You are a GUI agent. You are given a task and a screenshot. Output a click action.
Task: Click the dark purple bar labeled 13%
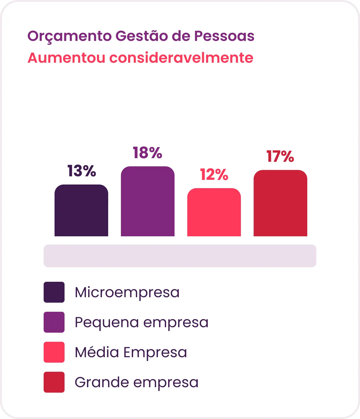[81, 210]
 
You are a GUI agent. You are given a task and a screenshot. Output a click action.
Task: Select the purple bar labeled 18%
[148, 201]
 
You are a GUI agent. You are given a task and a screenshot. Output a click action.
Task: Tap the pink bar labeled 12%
[214, 212]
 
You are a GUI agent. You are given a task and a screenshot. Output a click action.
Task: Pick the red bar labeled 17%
[280, 203]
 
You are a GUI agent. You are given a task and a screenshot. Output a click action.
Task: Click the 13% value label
[82, 171]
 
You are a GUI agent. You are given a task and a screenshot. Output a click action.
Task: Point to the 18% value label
[148, 152]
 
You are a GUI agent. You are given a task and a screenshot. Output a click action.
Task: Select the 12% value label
[214, 174]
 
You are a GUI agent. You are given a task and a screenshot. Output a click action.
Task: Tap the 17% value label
[280, 156]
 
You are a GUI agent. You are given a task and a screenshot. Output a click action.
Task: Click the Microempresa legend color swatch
[54, 292]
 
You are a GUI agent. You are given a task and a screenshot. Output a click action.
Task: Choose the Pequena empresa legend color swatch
[54, 322]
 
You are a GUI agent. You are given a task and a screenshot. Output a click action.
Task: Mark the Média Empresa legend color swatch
[54, 352]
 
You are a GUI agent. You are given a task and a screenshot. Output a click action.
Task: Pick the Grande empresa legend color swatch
[54, 382]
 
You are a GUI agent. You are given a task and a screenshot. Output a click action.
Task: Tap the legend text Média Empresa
[131, 352]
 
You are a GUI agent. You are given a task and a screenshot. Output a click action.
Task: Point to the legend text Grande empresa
[136, 383]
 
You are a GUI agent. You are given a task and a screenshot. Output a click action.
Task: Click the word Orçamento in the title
[69, 36]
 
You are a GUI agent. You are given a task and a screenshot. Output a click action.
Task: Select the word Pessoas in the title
[224, 36]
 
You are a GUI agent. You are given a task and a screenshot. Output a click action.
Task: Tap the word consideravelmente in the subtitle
[181, 58]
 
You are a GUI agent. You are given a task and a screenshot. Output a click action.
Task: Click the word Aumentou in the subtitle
[66, 58]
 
